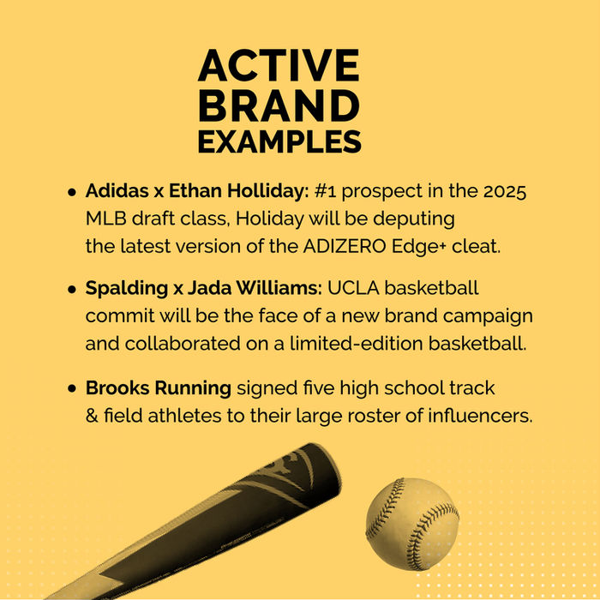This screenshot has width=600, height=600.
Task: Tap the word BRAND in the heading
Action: (x=279, y=105)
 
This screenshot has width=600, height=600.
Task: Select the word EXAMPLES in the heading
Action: (x=279, y=141)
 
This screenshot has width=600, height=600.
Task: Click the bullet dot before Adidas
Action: (x=72, y=192)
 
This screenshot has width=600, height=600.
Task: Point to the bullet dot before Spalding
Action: (x=72, y=290)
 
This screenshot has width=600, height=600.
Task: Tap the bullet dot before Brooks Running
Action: (x=72, y=389)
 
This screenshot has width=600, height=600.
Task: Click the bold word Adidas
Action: (x=117, y=191)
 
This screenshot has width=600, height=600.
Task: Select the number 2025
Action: (x=505, y=191)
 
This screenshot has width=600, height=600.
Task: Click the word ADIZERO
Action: (x=345, y=247)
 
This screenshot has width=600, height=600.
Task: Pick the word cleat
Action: (x=476, y=247)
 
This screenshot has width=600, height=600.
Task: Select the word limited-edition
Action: (x=357, y=343)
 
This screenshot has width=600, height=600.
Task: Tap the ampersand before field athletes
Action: (x=92, y=416)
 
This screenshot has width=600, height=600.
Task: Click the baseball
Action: (x=412, y=524)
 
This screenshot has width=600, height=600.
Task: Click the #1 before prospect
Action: (x=325, y=191)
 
